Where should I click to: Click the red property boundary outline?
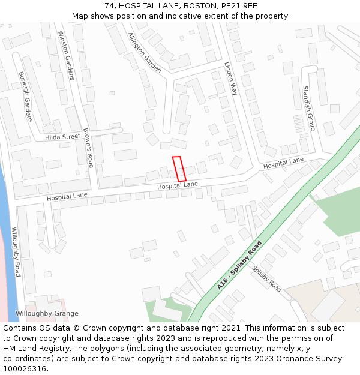(x=179, y=169)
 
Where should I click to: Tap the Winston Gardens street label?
(x=66, y=55)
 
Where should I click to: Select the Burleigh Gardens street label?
(x=25, y=97)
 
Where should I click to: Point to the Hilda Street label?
(x=62, y=137)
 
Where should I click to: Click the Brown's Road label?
(x=89, y=148)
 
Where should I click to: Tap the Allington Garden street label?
(x=145, y=53)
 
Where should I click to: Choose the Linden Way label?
(x=231, y=79)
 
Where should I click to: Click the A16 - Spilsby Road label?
(x=239, y=266)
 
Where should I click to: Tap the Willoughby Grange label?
(x=47, y=313)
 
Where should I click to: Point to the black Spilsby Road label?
(x=266, y=278)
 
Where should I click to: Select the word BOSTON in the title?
(x=197, y=5)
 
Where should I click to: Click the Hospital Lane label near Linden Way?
(x=283, y=163)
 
